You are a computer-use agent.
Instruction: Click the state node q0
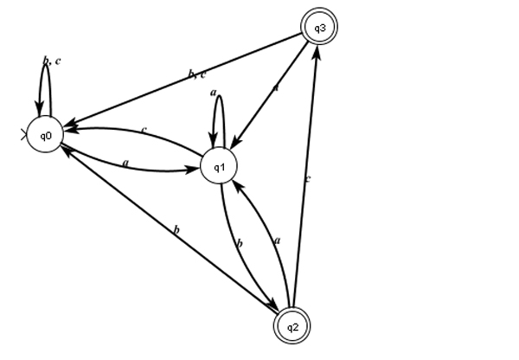(x=44, y=136)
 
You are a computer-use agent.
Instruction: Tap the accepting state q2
(x=292, y=326)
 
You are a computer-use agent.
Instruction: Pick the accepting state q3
(x=319, y=28)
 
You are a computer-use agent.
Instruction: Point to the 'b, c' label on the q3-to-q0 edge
(x=196, y=75)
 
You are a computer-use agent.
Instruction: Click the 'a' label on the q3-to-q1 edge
(x=276, y=88)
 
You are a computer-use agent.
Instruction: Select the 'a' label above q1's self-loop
(x=213, y=92)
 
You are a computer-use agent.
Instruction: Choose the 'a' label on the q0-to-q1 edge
(x=125, y=161)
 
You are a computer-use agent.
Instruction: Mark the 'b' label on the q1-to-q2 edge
(x=240, y=245)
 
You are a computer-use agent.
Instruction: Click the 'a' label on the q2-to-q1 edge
(x=278, y=240)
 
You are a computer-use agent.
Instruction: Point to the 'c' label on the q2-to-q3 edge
(x=306, y=179)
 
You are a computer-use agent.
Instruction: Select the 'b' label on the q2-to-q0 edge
(x=176, y=230)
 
